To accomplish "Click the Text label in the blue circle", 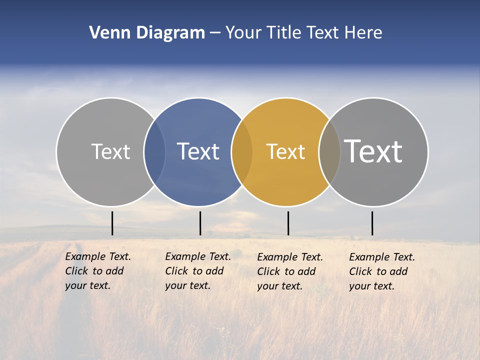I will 198,151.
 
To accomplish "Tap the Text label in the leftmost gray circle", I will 110,151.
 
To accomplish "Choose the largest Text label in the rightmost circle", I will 373,151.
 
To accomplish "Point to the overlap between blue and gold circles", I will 242,152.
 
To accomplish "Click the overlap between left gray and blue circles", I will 154,152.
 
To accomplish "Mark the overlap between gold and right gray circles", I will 329,152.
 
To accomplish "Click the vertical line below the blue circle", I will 200,223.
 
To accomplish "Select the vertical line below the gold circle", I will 288,223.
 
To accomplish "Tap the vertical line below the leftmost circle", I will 112,223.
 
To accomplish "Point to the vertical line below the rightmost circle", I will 372,223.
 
